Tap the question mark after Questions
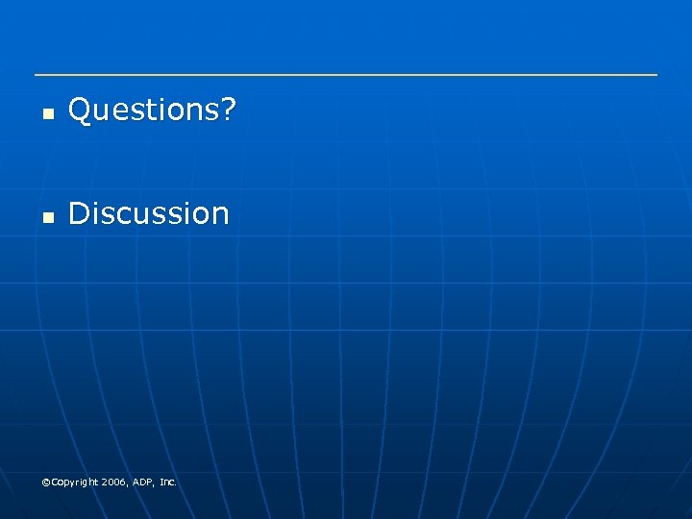point(226,111)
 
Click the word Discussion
point(149,213)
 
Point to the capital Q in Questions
point(80,111)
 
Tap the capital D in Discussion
point(79,213)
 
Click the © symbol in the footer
point(46,482)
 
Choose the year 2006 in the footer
point(114,482)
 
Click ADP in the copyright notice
point(143,482)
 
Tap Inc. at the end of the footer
point(168,482)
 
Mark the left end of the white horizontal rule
point(36,75)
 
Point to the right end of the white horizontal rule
point(656,75)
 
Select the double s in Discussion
point(135,215)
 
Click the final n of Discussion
point(220,215)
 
